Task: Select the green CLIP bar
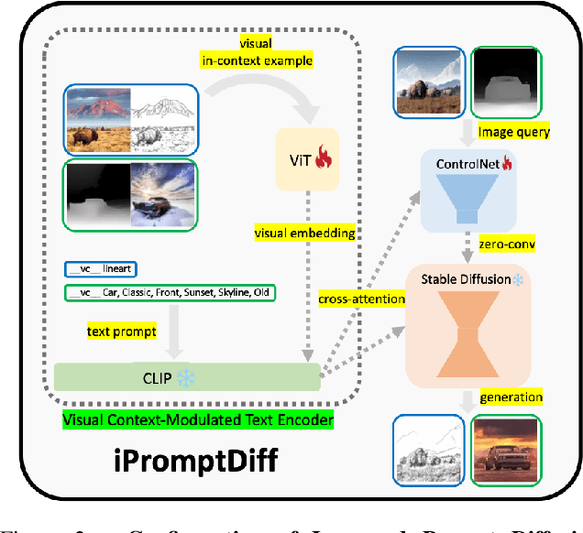click(187, 377)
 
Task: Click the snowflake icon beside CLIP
click(186, 377)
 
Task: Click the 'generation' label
click(511, 397)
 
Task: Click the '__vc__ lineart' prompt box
click(100, 269)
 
